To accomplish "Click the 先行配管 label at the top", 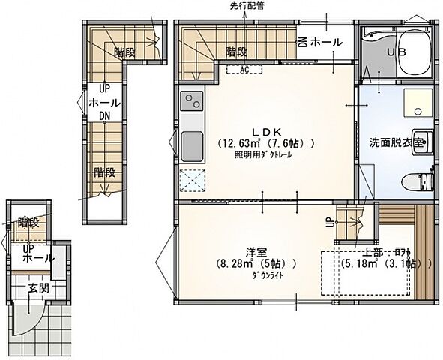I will click(x=247, y=6).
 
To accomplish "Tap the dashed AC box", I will click(x=244, y=70).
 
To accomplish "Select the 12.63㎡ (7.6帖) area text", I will click(x=265, y=142).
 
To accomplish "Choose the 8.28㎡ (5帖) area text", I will click(x=258, y=264).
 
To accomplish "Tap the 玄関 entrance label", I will click(x=39, y=286).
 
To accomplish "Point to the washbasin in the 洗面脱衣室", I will click(x=420, y=140).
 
